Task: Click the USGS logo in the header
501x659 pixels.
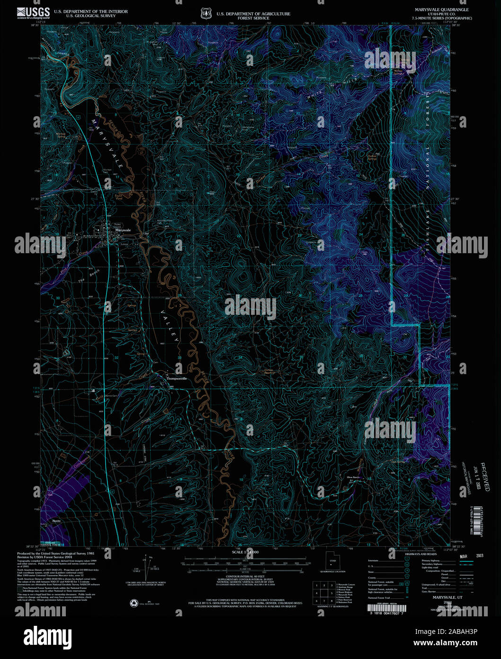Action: point(33,12)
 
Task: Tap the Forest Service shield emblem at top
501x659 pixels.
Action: point(206,14)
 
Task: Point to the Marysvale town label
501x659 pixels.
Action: point(123,230)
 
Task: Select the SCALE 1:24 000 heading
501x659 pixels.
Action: point(245,552)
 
